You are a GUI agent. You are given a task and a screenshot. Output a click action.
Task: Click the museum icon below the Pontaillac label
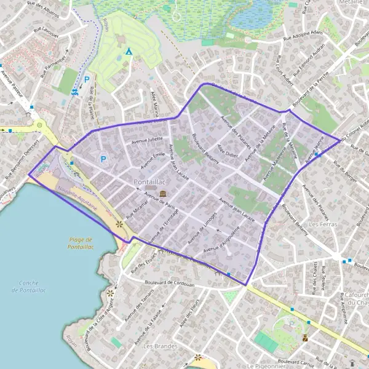162,194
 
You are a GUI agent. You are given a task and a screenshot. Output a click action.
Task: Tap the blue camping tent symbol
129,52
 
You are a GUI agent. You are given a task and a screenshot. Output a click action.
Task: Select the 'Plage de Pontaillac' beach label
81,244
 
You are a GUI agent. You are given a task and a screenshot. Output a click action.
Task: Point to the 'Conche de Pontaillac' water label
26,287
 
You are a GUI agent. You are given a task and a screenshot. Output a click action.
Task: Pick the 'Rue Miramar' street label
137,210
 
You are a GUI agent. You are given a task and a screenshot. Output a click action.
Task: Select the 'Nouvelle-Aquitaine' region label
78,198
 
